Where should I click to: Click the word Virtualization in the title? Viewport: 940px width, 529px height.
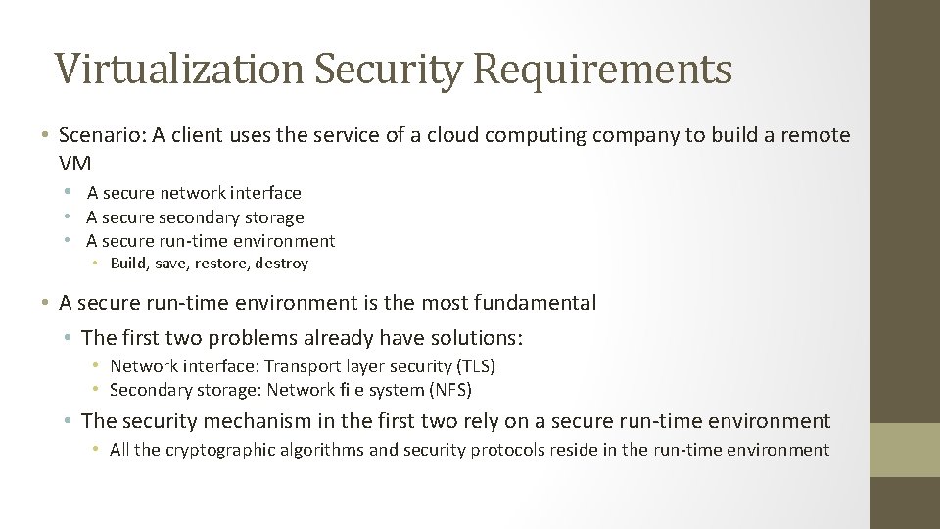pos(178,69)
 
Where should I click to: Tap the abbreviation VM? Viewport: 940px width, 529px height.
pos(74,163)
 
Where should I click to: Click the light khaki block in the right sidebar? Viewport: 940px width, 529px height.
pos(905,450)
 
